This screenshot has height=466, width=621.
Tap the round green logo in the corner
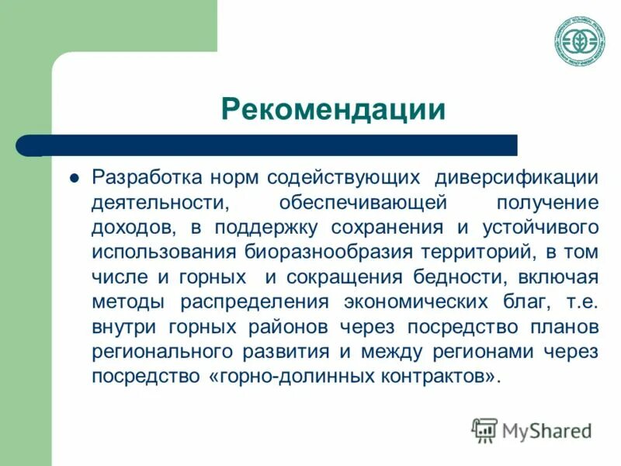[x=580, y=40]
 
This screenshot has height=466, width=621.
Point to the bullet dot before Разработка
[x=75, y=177]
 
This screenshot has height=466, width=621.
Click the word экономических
[x=422, y=302]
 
